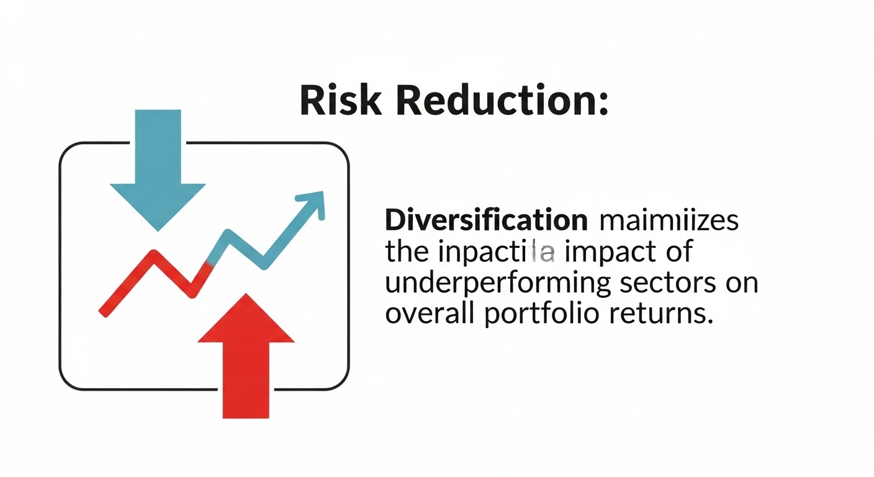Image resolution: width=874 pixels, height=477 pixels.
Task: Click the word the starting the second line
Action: (x=407, y=252)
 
